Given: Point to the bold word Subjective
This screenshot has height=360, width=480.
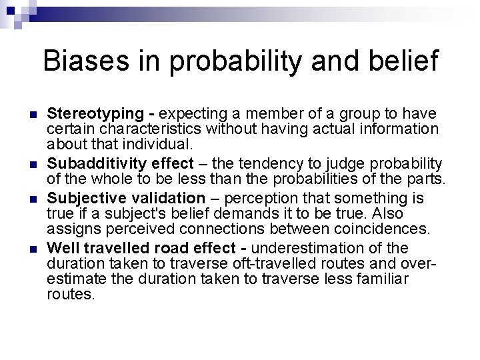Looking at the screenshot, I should pyautogui.click(x=85, y=198).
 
